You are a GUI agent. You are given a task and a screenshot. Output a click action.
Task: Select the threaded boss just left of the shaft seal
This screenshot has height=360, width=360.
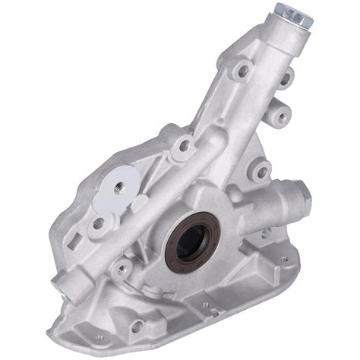[x=122, y=267]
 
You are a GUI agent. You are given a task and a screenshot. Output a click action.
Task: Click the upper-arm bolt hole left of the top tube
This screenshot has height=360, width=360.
[x=242, y=70]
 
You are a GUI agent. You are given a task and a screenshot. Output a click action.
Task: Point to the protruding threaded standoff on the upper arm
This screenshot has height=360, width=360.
[x=280, y=116]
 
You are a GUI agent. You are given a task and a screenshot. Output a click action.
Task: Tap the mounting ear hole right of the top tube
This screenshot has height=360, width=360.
[x=288, y=76]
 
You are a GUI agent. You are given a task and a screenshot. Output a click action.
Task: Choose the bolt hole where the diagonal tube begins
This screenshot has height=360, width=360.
[x=184, y=145]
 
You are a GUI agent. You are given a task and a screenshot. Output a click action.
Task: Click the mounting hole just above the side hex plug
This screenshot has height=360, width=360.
[x=260, y=172]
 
